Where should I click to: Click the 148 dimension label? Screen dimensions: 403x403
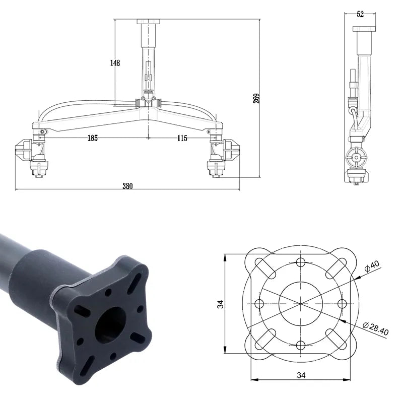115,63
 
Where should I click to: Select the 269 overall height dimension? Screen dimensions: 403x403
256,99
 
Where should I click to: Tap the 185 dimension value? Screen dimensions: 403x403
92,138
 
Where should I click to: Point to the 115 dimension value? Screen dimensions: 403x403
182,138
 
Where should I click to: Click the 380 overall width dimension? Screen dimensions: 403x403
127,185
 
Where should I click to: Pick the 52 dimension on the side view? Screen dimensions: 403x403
360,14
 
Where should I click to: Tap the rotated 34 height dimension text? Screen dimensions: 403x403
220,304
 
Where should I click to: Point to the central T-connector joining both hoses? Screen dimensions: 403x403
148,102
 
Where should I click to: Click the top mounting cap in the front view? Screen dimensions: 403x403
148,21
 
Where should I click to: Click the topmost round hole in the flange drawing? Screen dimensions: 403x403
301,262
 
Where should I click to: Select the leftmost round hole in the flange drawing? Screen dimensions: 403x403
260,304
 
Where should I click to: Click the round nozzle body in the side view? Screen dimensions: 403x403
357,158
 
